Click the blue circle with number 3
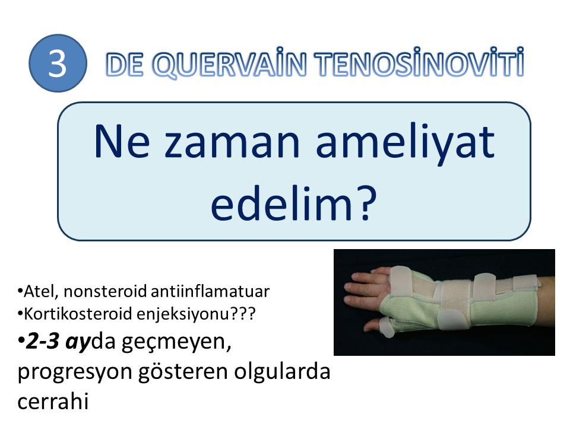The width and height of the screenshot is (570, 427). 58,63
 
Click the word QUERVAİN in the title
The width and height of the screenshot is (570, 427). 230,63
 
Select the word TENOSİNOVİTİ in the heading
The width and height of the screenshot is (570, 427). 420,62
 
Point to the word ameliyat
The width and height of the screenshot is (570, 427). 406,144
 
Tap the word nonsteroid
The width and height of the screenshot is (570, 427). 105,292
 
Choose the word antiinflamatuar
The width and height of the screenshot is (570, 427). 210,292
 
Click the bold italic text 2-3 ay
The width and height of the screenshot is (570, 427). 58,342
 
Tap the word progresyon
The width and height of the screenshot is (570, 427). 75,372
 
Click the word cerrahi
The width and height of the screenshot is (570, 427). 53,401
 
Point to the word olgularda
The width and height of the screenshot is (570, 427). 281,372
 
